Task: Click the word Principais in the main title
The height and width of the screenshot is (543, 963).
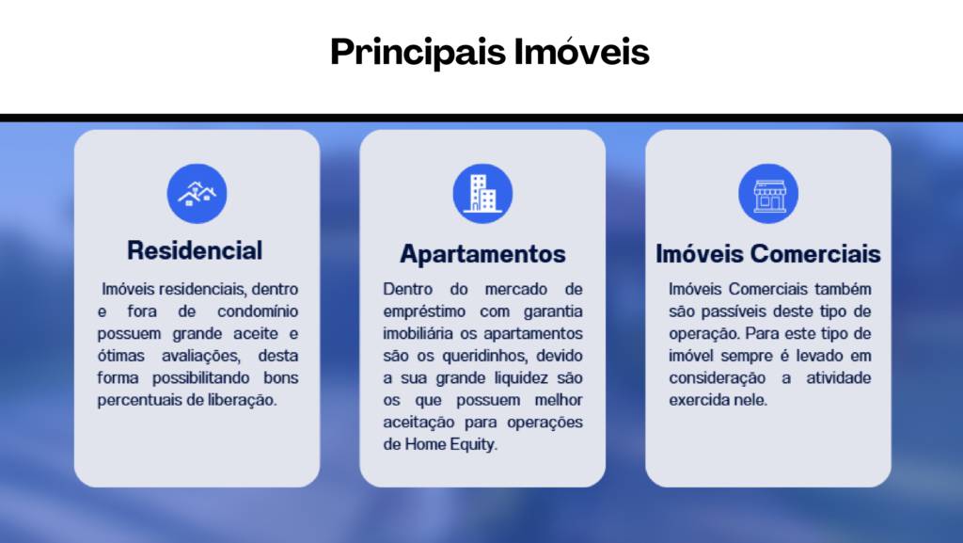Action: [x=418, y=52]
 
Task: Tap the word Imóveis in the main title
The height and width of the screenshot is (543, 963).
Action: [x=581, y=51]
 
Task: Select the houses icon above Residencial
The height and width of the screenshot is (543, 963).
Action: [x=197, y=194]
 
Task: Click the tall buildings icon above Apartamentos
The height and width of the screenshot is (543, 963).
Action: [x=482, y=194]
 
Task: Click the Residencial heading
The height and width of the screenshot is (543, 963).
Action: [x=195, y=250]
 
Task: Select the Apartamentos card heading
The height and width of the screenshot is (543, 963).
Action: [x=482, y=254]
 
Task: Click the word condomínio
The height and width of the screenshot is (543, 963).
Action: [x=258, y=311]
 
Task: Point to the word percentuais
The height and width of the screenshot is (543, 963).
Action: [x=140, y=401]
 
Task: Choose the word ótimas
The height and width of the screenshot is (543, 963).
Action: [x=121, y=356]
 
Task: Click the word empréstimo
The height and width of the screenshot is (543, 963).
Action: [x=424, y=312]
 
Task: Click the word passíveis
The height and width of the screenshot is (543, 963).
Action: [x=734, y=312]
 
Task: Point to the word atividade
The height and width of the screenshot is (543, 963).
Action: [x=838, y=377]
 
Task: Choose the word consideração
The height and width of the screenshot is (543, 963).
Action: [x=718, y=378]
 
